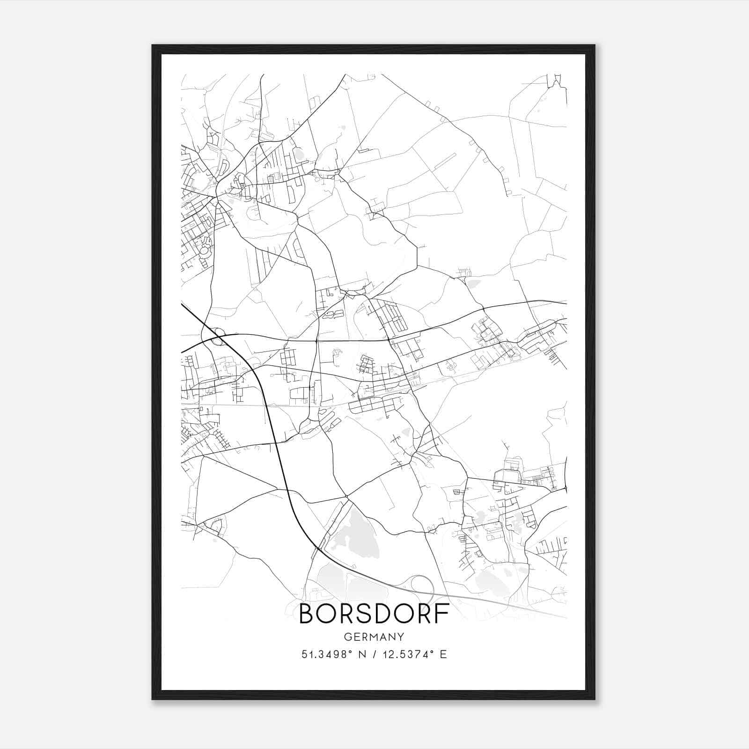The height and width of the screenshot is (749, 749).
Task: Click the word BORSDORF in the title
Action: click(x=374, y=614)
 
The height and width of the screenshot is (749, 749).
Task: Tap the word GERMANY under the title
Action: click(x=374, y=637)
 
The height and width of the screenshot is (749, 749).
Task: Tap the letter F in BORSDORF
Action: click(x=442, y=614)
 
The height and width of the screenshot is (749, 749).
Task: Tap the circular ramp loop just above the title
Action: click(x=423, y=586)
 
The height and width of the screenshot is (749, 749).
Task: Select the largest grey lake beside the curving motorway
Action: click(x=356, y=529)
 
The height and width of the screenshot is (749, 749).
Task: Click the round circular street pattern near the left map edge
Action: click(x=205, y=251)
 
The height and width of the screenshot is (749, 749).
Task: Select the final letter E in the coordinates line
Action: click(x=443, y=654)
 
